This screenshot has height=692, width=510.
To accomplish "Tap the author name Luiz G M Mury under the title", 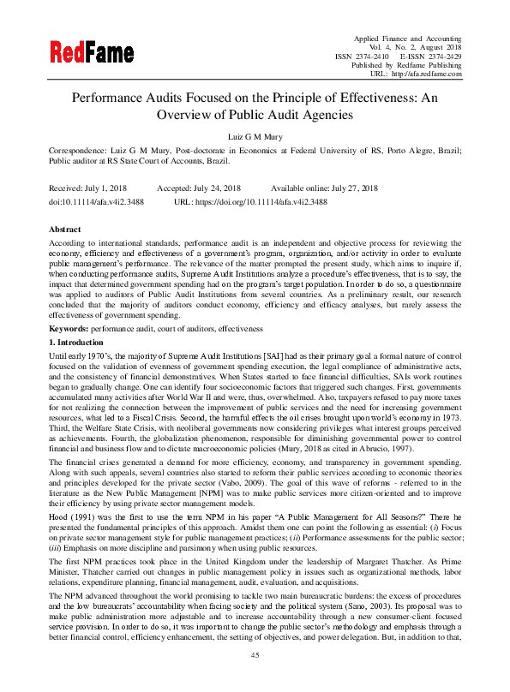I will pos(255,136).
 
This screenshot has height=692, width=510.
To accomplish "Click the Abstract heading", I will pos(65,230).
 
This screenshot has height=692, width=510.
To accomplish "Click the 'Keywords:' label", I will pos(69,329).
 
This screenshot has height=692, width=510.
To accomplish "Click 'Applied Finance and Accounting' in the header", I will pos(408,38).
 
